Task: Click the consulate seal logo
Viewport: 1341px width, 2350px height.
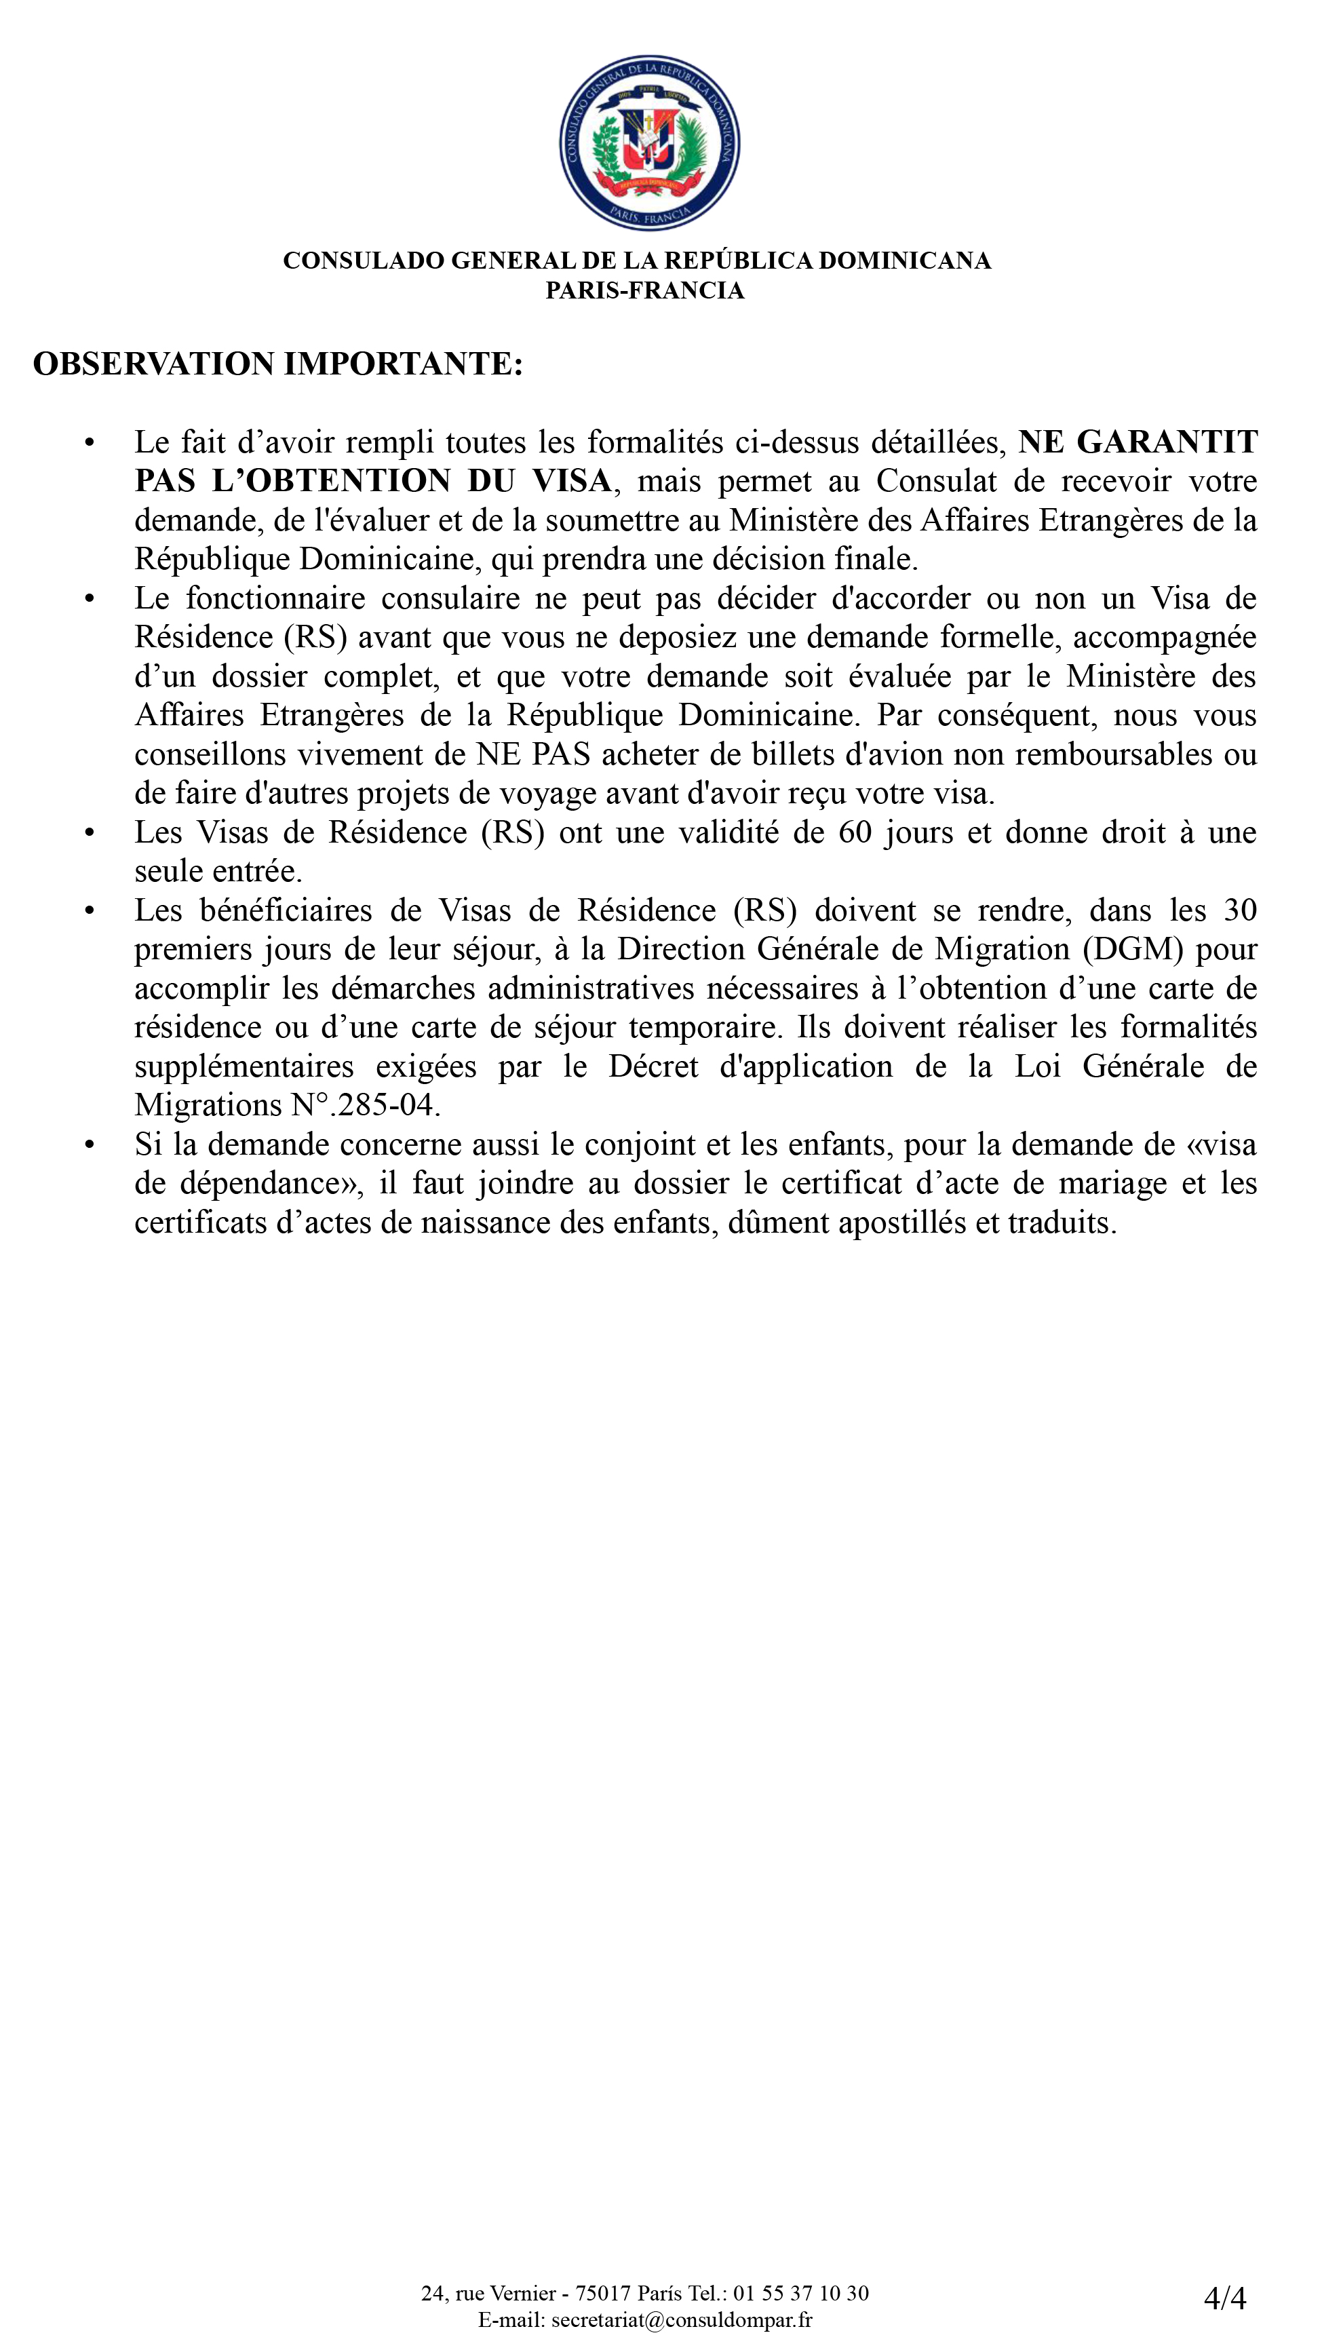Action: point(649,142)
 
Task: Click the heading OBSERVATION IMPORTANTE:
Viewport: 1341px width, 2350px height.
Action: point(277,364)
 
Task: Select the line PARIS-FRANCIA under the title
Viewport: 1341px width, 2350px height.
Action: point(644,290)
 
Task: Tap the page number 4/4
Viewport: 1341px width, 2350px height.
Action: point(1224,2298)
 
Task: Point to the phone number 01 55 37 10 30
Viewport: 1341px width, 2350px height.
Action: point(800,2293)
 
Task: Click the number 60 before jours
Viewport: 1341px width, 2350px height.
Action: point(855,832)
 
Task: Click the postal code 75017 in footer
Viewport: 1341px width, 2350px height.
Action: point(603,2293)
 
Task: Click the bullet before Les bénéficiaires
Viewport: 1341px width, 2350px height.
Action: point(90,910)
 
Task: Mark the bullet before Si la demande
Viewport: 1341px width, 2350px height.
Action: point(90,1144)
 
